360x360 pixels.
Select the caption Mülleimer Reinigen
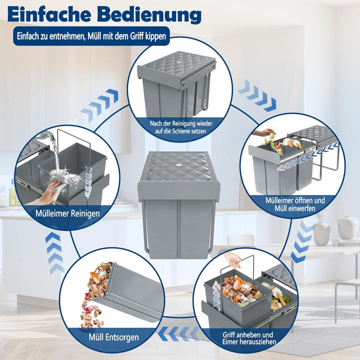click(x=67, y=213)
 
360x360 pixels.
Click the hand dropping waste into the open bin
click(x=265, y=133)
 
